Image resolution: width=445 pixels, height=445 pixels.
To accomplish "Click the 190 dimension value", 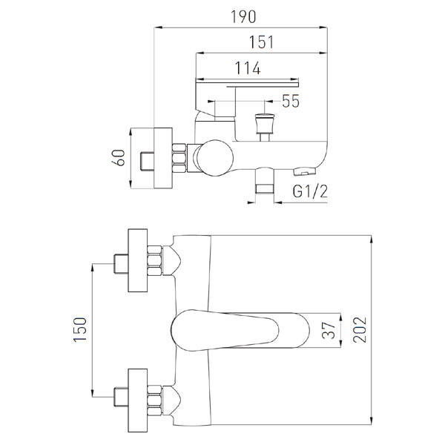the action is click(243, 17).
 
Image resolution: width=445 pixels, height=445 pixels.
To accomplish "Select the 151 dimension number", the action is click(261, 42).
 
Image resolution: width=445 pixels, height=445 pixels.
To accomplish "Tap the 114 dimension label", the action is click(248, 68).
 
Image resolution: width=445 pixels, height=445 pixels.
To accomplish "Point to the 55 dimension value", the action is click(291, 101).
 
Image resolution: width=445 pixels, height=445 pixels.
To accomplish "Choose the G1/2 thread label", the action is click(310, 191).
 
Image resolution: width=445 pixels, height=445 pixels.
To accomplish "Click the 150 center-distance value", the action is click(80, 329).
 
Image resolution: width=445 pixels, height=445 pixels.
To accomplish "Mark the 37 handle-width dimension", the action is click(329, 330).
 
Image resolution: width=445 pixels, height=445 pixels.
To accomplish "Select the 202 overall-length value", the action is click(360, 330).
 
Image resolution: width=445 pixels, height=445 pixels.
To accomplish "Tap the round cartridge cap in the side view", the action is click(215, 158).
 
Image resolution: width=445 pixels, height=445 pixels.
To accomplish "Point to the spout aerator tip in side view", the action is click(305, 172).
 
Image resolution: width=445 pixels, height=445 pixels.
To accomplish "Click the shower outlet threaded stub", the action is click(265, 182).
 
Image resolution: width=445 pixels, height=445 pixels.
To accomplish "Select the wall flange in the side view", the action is click(163, 158).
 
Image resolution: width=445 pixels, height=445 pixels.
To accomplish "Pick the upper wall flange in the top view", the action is click(138, 260).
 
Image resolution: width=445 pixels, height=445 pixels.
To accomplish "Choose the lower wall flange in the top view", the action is click(138, 400).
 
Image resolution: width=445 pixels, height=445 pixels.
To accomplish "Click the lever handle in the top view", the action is click(240, 330).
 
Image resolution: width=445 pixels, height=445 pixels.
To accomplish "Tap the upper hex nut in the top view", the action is click(155, 260).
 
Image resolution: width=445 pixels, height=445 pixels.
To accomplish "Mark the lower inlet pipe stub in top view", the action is click(121, 397).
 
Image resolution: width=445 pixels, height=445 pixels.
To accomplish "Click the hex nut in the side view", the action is click(179, 158).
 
